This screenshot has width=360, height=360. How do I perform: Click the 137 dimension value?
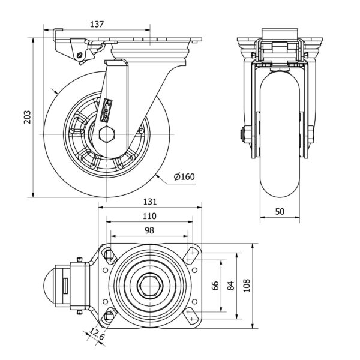(97, 25)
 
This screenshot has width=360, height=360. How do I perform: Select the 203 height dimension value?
(27, 117)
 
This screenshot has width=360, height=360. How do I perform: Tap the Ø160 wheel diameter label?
(184, 176)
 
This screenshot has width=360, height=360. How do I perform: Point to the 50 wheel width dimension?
(280, 211)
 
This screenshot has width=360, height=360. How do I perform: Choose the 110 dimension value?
(149, 216)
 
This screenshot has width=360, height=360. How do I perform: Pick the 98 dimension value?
(149, 230)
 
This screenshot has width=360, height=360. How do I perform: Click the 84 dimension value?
(231, 286)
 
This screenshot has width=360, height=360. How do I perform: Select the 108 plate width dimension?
(247, 286)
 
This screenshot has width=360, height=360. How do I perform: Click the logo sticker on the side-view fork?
(107, 109)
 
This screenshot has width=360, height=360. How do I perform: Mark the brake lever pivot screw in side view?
(81, 58)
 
